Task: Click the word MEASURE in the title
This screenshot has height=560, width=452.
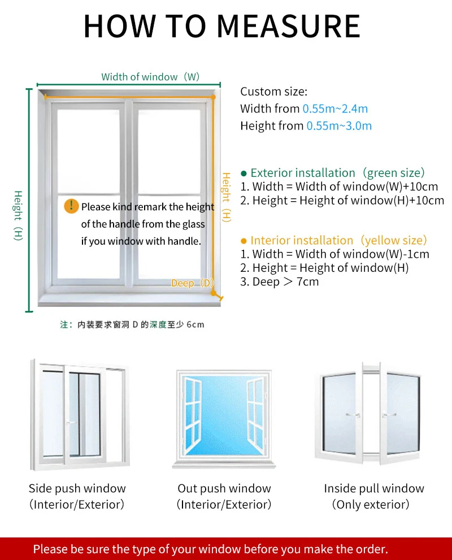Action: [288, 25]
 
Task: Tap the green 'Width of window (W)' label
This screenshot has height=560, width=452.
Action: [150, 77]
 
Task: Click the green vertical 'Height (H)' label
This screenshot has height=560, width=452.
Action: [18, 215]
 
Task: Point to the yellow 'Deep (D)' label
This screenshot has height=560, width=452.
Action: [192, 283]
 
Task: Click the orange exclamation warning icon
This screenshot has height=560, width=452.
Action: [71, 206]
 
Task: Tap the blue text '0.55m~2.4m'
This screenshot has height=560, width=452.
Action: [335, 108]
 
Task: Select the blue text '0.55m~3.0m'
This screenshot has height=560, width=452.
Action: [339, 126]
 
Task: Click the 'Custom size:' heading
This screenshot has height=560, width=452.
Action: [273, 92]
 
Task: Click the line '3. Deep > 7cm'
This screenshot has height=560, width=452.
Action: [279, 281]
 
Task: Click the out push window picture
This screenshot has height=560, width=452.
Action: [225, 418]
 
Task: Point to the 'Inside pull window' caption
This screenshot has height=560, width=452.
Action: [373, 488]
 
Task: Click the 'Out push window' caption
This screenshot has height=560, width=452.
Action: [224, 488]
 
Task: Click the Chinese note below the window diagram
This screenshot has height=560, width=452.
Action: [132, 324]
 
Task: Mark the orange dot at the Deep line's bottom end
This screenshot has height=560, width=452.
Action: [212, 293]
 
